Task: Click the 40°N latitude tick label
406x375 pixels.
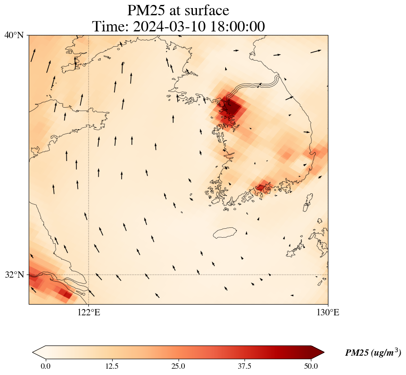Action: [x=14, y=35]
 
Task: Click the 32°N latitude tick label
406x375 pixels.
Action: [x=14, y=275]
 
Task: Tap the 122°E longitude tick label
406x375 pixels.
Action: [x=89, y=312]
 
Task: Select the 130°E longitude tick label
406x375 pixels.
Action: [x=328, y=312]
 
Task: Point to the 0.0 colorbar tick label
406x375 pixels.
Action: [x=45, y=366]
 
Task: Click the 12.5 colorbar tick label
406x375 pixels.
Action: [x=112, y=366]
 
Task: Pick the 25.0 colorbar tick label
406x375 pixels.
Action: [x=178, y=366]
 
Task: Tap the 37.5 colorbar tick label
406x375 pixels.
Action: [x=244, y=366]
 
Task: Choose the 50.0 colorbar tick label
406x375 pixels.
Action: [x=311, y=366]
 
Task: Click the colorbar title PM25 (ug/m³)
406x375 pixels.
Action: [x=373, y=353]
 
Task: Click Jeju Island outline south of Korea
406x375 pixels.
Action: [x=225, y=233]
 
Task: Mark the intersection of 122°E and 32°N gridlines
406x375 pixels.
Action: [x=89, y=275]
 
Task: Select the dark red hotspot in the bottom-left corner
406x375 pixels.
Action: [x=66, y=294]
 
